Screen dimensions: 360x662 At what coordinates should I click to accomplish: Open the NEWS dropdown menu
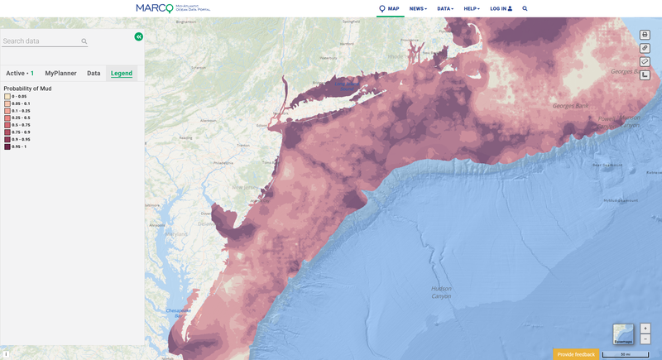(x=418, y=8)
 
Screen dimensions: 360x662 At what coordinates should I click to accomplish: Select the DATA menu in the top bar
(x=446, y=8)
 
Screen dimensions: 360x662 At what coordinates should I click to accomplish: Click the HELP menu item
(x=472, y=8)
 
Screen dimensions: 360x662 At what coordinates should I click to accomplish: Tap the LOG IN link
(x=501, y=8)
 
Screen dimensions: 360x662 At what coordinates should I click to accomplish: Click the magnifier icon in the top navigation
(x=525, y=8)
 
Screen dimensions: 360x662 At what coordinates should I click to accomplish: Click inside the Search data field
(x=41, y=41)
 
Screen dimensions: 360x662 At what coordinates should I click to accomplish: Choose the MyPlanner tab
(x=60, y=73)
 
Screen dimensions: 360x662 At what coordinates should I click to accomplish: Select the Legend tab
(x=122, y=73)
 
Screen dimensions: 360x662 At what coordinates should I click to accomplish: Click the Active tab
(x=20, y=73)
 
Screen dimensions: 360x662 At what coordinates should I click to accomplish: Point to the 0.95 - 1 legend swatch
(x=7, y=146)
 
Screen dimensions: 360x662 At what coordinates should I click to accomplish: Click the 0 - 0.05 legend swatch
(x=7, y=97)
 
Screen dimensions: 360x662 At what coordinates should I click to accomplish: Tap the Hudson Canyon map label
(x=441, y=291)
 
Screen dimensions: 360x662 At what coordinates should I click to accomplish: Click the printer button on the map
(x=645, y=35)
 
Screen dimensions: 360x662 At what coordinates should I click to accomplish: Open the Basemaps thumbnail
(x=623, y=334)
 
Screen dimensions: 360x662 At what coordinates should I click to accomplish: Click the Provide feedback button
(x=576, y=354)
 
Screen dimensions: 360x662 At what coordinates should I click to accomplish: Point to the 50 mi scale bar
(x=625, y=354)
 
